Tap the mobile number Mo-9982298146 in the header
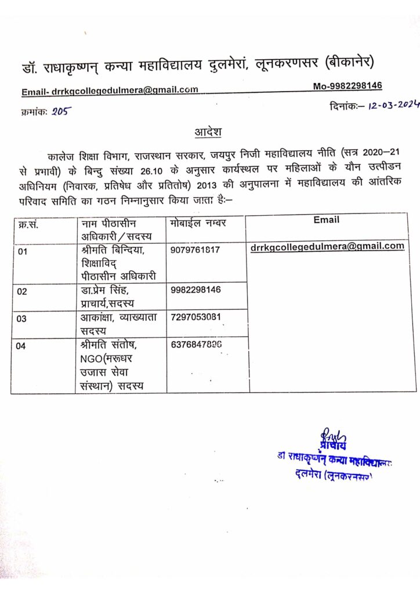[347, 86]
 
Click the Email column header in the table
[326, 220]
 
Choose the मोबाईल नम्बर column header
[199, 223]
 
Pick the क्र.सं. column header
[27, 224]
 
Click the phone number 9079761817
[196, 250]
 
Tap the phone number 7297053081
[196, 317]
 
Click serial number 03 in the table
[22, 319]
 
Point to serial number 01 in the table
[22, 252]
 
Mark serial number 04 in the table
[22, 346]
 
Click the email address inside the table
[327, 247]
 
